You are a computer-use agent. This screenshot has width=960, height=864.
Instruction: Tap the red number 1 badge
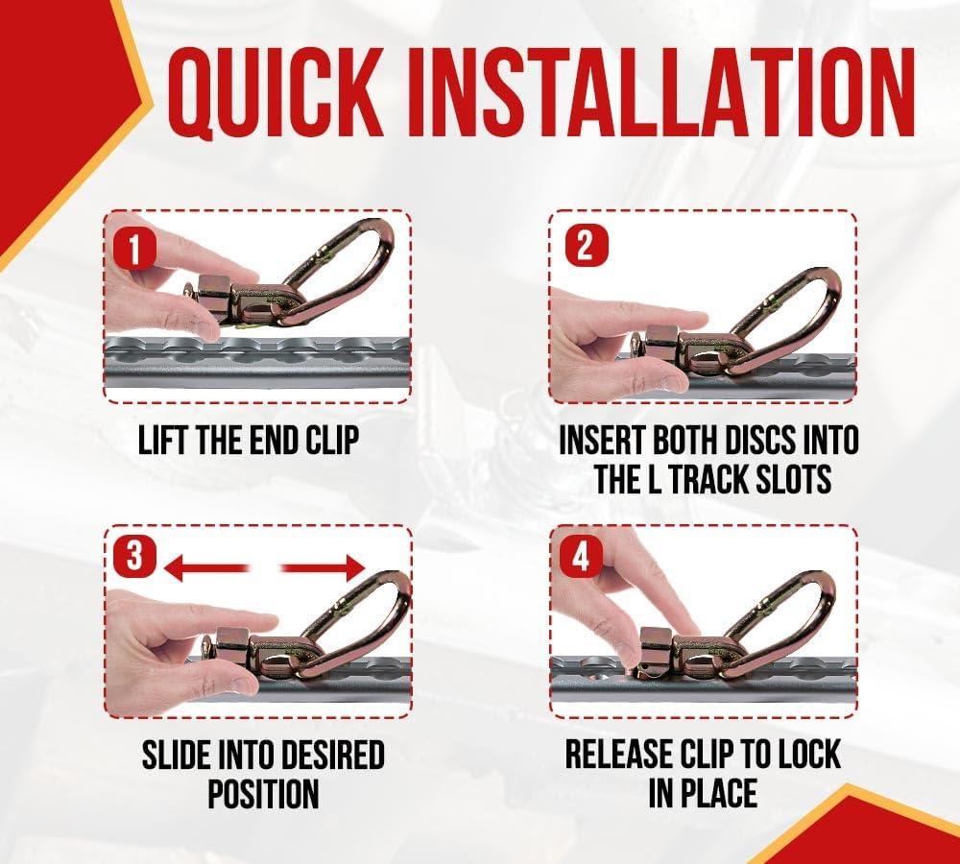tap(134, 248)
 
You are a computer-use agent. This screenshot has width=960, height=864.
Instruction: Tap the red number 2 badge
tap(586, 245)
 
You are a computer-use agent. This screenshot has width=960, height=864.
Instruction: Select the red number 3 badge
tap(134, 555)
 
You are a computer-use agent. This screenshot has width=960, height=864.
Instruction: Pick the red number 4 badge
tap(581, 557)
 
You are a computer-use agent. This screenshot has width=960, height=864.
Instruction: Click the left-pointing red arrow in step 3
tap(206, 568)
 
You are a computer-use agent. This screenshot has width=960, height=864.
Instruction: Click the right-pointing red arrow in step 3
tap(322, 568)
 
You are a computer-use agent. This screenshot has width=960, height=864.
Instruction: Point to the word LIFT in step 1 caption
tap(159, 441)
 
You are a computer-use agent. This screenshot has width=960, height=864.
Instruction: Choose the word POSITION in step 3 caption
tap(263, 794)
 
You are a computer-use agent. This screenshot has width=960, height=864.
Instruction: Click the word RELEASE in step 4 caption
tap(619, 754)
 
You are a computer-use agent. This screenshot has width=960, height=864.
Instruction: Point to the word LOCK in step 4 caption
tap(808, 754)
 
